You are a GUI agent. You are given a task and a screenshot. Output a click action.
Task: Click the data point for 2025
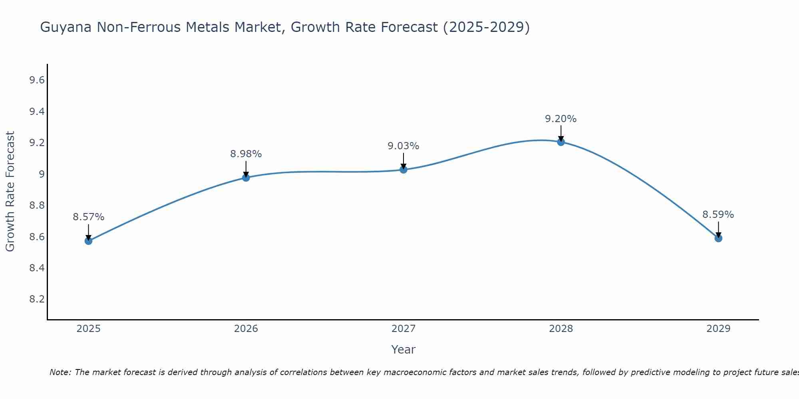88,241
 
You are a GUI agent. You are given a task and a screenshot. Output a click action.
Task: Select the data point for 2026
246,178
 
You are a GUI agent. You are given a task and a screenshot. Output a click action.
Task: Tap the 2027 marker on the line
403,170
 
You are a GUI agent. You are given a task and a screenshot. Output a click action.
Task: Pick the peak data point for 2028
561,142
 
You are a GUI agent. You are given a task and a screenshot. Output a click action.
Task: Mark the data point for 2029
718,238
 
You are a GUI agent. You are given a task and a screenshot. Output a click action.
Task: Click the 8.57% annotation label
88,217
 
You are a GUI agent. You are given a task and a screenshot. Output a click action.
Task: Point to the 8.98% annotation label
246,154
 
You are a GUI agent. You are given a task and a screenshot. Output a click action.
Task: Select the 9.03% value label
403,146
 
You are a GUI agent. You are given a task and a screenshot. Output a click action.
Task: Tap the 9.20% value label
561,119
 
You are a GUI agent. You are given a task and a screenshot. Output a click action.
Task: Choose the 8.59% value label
718,215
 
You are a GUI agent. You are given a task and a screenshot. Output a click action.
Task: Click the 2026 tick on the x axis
246,329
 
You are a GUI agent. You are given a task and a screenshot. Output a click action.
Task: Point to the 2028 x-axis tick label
561,329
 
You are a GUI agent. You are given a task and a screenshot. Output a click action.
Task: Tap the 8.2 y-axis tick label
37,299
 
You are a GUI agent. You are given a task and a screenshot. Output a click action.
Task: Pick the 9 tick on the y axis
42,174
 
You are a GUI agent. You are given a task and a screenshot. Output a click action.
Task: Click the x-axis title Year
403,350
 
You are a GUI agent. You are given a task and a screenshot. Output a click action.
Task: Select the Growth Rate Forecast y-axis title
10,192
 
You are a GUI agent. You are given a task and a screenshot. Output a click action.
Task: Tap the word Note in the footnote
60,372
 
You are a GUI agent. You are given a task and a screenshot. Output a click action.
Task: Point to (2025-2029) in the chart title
486,28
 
